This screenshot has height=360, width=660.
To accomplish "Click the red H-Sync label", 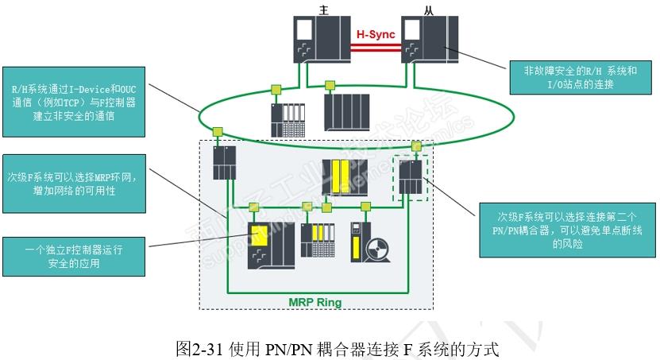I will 375,34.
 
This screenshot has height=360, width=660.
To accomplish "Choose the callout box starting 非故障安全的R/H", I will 581,77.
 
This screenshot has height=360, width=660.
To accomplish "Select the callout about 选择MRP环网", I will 74,184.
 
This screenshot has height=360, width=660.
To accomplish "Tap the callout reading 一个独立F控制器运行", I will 74,256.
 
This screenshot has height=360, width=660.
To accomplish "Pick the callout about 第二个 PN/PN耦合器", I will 567,230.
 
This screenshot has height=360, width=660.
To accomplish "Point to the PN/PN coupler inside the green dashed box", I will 411,176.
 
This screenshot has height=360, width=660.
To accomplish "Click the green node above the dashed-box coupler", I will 416,146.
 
